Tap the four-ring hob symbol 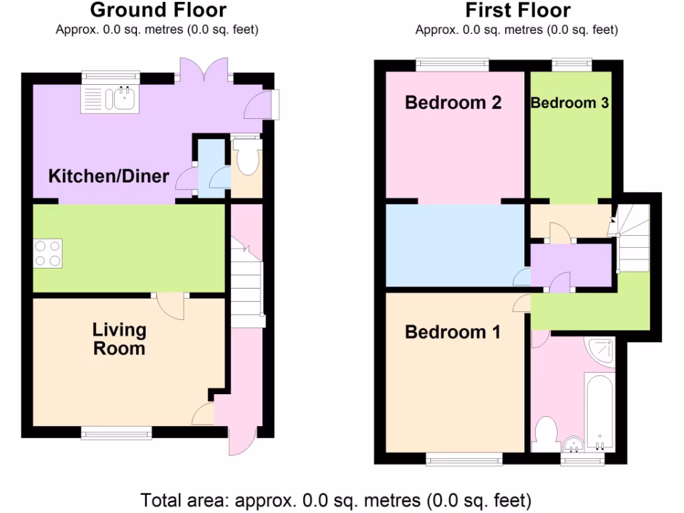(x=47, y=253)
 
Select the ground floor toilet (x=246, y=160)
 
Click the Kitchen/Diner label (x=109, y=177)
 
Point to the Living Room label (x=119, y=339)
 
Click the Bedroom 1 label (x=452, y=332)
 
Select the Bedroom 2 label (x=453, y=103)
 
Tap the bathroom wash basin (x=573, y=445)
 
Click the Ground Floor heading (x=158, y=10)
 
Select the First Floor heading (x=518, y=10)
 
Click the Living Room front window (x=116, y=434)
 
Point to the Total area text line (x=336, y=500)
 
